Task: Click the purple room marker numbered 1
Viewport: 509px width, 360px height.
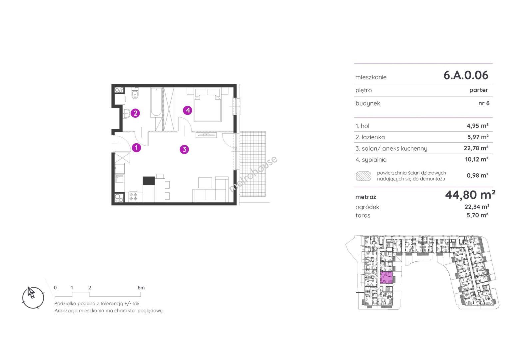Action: pyautogui.click(x=136, y=148)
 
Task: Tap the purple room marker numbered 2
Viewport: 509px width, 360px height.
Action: pyautogui.click(x=136, y=113)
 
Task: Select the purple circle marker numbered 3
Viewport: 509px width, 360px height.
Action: pyautogui.click(x=184, y=149)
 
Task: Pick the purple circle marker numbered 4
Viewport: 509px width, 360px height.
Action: pyautogui.click(x=188, y=110)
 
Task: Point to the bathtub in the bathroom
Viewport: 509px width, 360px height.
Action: pyautogui.click(x=156, y=102)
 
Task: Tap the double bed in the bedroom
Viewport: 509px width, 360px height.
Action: pyautogui.click(x=208, y=105)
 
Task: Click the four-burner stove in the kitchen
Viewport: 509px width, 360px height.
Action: pyautogui.click(x=133, y=197)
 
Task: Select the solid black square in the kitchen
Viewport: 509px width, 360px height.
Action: pyautogui.click(x=149, y=181)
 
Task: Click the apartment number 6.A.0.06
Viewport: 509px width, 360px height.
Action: pyautogui.click(x=466, y=75)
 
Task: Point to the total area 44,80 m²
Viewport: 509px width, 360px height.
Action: pyautogui.click(x=470, y=195)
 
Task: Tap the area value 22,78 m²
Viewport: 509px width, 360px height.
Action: pyautogui.click(x=476, y=148)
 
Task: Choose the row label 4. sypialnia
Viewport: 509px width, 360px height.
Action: pyautogui.click(x=371, y=160)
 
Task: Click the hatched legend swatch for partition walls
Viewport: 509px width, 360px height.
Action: pyautogui.click(x=363, y=176)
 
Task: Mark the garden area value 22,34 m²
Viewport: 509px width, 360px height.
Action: pyautogui.click(x=477, y=207)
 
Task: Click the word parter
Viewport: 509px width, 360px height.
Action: pyautogui.click(x=479, y=90)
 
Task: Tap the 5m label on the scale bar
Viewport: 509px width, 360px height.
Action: pyautogui.click(x=141, y=288)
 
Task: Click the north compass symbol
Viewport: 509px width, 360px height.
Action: pyautogui.click(x=33, y=297)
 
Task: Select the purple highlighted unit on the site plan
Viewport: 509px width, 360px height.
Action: pyautogui.click(x=386, y=277)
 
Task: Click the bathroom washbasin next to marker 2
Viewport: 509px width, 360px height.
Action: pyautogui.click(x=126, y=113)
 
